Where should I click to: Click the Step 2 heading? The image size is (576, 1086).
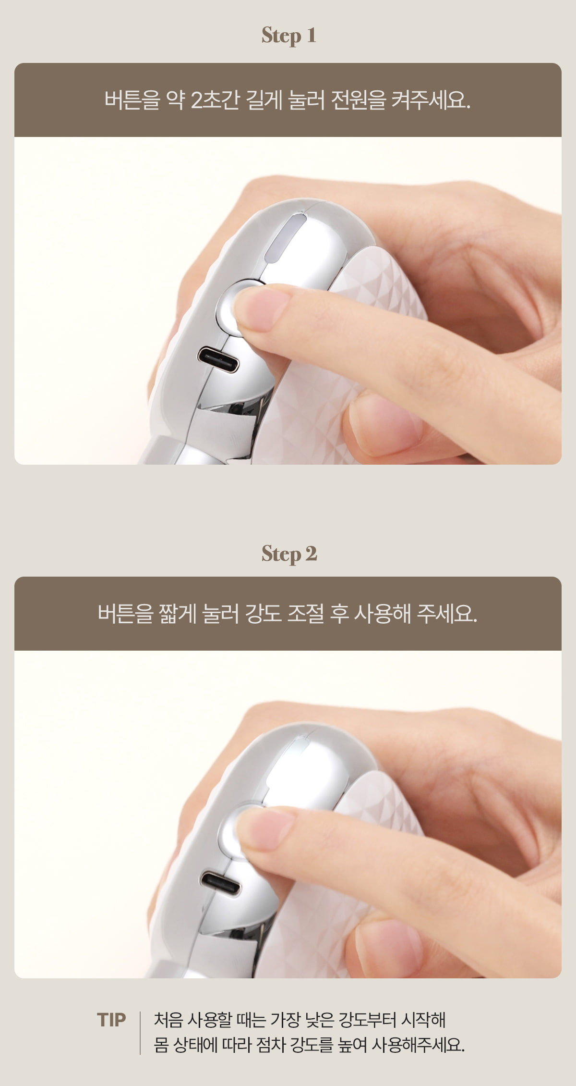click(x=289, y=554)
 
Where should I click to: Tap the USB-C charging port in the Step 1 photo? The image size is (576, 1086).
click(x=218, y=360)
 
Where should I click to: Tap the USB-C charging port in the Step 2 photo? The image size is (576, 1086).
click(x=221, y=883)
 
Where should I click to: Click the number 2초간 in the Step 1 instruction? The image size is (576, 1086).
click(x=215, y=100)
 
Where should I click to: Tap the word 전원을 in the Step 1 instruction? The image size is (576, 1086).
click(x=359, y=100)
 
